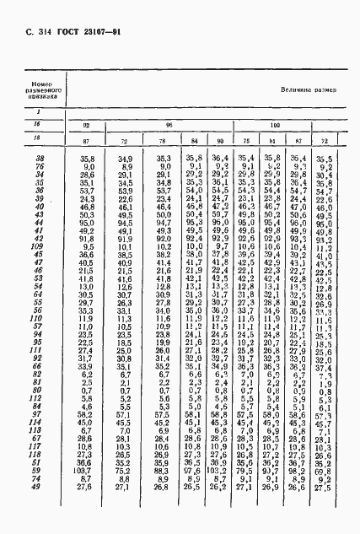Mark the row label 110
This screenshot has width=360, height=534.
38,321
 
